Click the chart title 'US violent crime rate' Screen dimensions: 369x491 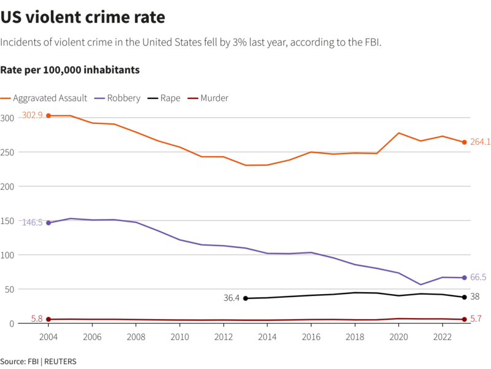tap(83, 18)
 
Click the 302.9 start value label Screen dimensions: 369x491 tap(32, 115)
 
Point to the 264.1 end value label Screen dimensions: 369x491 tap(481, 142)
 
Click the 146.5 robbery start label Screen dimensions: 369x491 tap(32, 222)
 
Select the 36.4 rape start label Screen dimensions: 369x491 tap(232, 298)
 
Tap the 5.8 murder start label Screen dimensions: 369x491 tap(37, 319)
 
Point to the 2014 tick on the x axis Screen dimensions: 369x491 tap(266, 336)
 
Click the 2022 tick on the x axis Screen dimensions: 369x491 tap(443, 336)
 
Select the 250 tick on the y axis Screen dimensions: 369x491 tap(8, 152)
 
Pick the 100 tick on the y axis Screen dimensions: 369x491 tap(8, 255)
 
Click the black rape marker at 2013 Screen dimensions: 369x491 tap(245, 298)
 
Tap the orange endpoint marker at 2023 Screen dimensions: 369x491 tap(465, 142)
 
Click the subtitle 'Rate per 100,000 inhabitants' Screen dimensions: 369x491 tap(70, 70)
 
